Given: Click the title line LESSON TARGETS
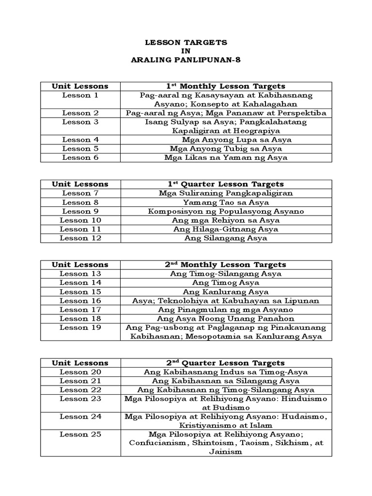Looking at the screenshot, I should [x=186, y=43].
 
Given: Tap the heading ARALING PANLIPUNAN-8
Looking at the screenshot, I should [x=186, y=60].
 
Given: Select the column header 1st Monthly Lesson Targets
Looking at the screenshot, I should [x=226, y=86].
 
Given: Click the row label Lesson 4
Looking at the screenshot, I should [x=80, y=139].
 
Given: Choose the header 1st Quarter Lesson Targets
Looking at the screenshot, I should [x=226, y=184].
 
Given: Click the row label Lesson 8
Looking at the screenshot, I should [x=80, y=202].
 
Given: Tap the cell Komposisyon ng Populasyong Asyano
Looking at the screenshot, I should [x=226, y=211].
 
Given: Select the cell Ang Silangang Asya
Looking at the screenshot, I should [x=226, y=238].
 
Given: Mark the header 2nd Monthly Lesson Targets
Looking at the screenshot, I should [x=226, y=264].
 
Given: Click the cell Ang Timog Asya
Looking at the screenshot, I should [x=226, y=282].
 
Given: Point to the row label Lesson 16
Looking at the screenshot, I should [x=80, y=300].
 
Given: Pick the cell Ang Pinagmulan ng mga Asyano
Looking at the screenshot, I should [x=226, y=310].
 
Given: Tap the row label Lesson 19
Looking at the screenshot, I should [x=80, y=327].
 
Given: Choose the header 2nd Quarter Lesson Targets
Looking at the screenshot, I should [x=226, y=363].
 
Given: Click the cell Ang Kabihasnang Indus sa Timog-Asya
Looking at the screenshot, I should [x=226, y=372].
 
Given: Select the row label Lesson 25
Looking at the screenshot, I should [x=80, y=434].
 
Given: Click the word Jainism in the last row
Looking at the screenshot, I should [x=226, y=452].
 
